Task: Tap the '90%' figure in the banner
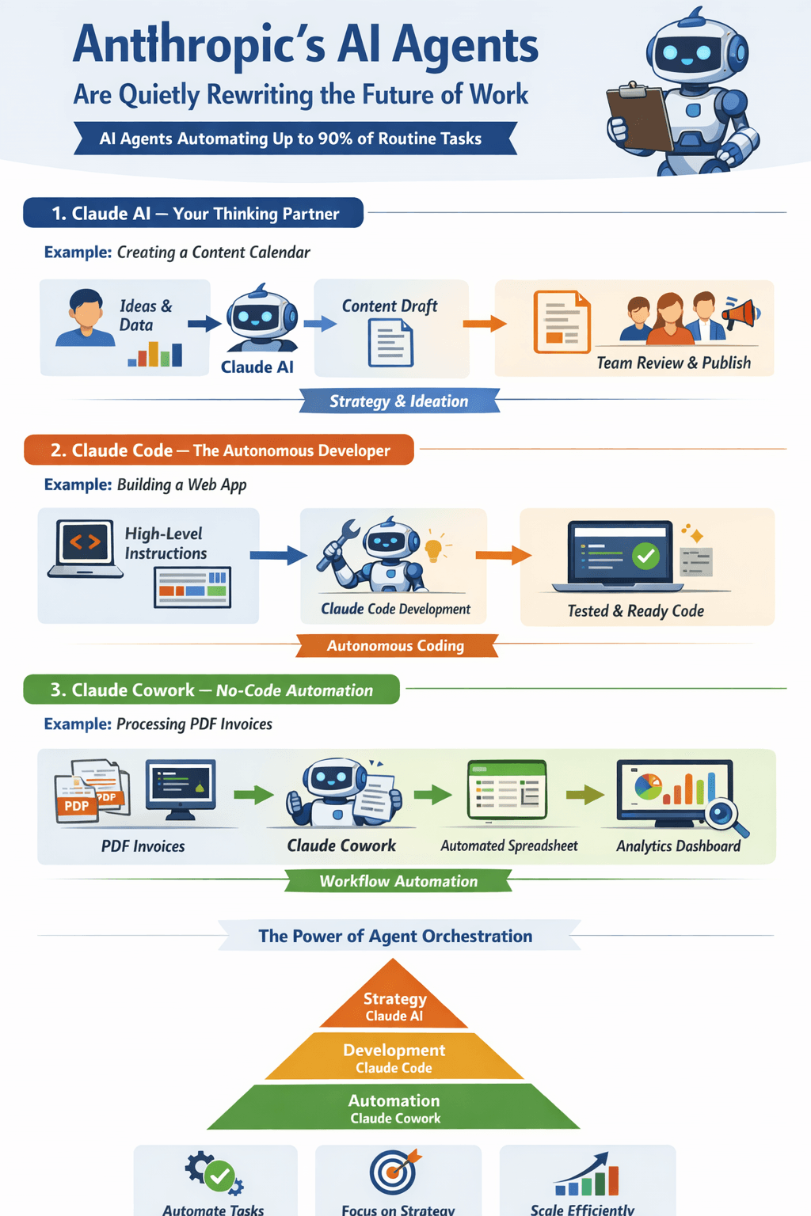click(x=335, y=139)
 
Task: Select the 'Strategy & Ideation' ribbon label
click(x=399, y=401)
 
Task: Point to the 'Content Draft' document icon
click(x=390, y=342)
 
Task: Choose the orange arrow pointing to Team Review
click(x=484, y=323)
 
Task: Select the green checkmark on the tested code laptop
click(x=646, y=556)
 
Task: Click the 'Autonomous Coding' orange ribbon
click(x=396, y=646)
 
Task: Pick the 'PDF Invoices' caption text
click(x=143, y=846)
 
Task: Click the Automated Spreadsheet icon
click(x=508, y=789)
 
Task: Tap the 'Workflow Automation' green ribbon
click(x=398, y=881)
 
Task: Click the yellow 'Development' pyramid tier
click(x=394, y=1058)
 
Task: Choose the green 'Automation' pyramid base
click(x=394, y=1108)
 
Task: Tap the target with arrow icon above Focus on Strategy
click(x=394, y=1172)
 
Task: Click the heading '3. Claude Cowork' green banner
click(x=211, y=690)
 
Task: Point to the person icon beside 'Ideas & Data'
click(x=86, y=318)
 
